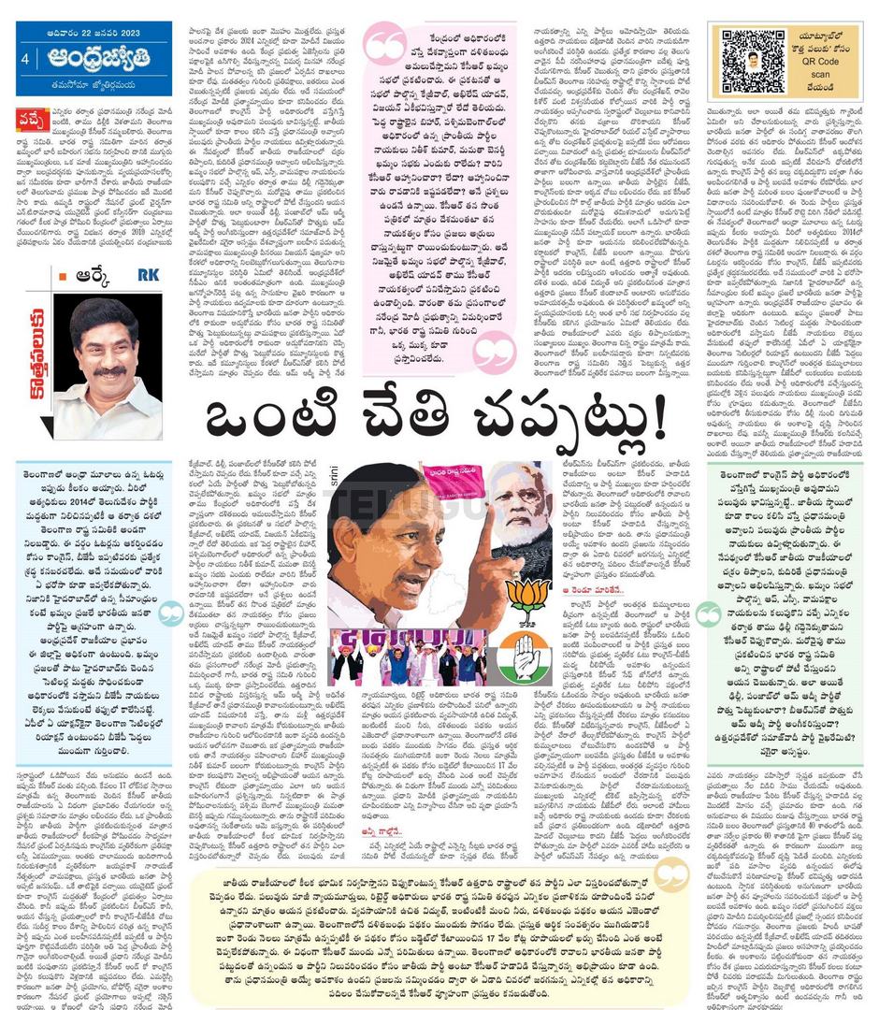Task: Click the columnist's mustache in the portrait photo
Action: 110,372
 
